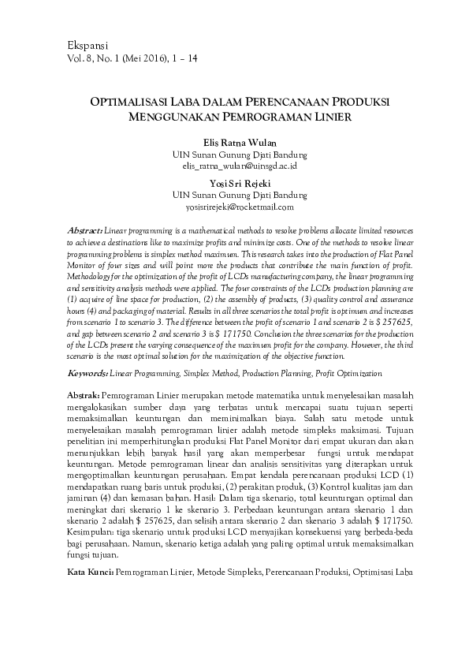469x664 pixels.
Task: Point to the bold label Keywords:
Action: point(87,372)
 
